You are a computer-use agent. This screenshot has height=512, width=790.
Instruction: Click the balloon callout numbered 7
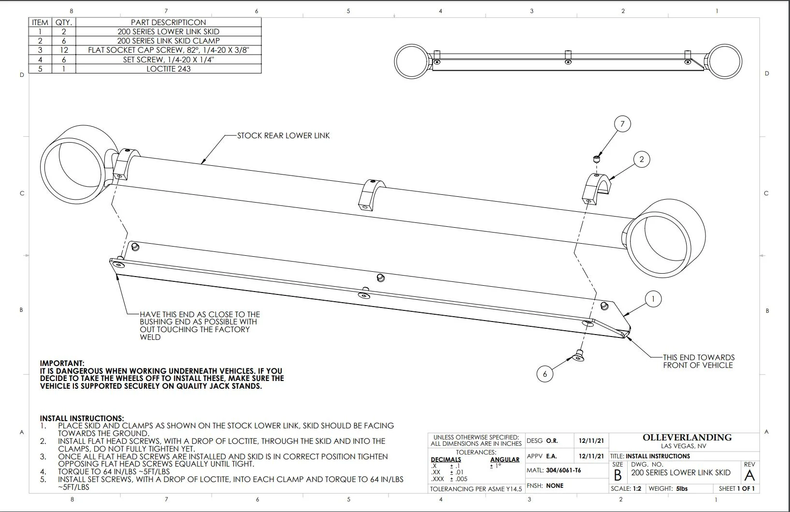point(622,124)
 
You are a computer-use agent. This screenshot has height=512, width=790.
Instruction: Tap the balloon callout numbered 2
point(641,159)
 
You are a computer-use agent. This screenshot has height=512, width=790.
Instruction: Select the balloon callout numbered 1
point(653,299)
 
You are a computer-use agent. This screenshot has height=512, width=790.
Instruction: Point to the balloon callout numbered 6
point(545,374)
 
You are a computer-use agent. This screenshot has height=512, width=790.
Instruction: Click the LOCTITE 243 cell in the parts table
point(168,69)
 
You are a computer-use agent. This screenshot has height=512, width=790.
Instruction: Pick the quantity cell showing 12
point(64,50)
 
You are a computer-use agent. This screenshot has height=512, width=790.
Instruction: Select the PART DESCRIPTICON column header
point(168,22)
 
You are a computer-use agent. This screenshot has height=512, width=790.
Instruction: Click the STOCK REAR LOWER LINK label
point(283,136)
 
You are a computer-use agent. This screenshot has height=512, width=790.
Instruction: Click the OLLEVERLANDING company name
point(687,438)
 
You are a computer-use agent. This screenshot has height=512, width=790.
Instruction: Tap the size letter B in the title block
point(618,475)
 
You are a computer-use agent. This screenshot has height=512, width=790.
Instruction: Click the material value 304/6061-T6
point(563,470)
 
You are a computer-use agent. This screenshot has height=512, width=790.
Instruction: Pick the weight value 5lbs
point(682,489)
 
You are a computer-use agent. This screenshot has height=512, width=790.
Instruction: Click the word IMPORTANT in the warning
point(62,363)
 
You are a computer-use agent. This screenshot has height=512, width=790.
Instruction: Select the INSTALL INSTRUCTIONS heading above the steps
point(82,418)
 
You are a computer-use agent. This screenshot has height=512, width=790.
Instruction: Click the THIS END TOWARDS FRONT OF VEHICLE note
point(698,361)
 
